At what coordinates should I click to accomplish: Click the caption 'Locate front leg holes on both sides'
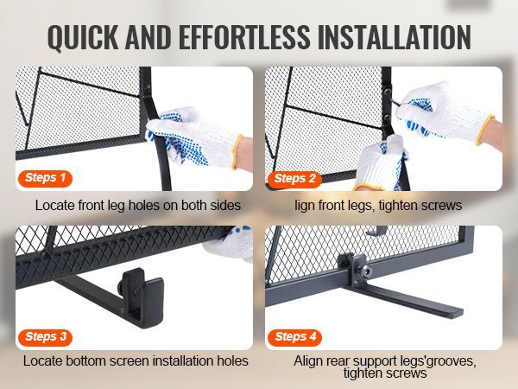point(138,206)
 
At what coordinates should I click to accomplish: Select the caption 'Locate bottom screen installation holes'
point(136,361)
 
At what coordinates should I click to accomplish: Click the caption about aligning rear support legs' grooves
point(383,367)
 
